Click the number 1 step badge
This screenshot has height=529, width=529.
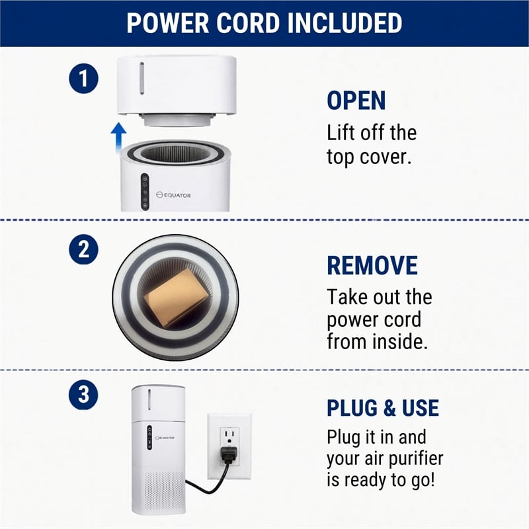84,79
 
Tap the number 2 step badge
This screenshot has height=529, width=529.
84,249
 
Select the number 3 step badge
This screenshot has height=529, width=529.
83,395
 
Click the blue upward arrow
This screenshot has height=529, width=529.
119,137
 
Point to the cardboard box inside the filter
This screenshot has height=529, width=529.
176,298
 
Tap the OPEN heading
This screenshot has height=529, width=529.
356,101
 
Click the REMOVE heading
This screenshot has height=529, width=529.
372,266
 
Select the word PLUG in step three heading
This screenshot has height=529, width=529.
352,408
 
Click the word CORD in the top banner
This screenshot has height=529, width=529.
249,23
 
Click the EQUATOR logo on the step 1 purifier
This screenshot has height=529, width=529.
173,195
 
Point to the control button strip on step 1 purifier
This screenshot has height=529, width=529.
145,192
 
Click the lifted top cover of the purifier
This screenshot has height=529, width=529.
177,91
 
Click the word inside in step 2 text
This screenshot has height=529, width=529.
400,341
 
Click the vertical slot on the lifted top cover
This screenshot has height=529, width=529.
142,78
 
